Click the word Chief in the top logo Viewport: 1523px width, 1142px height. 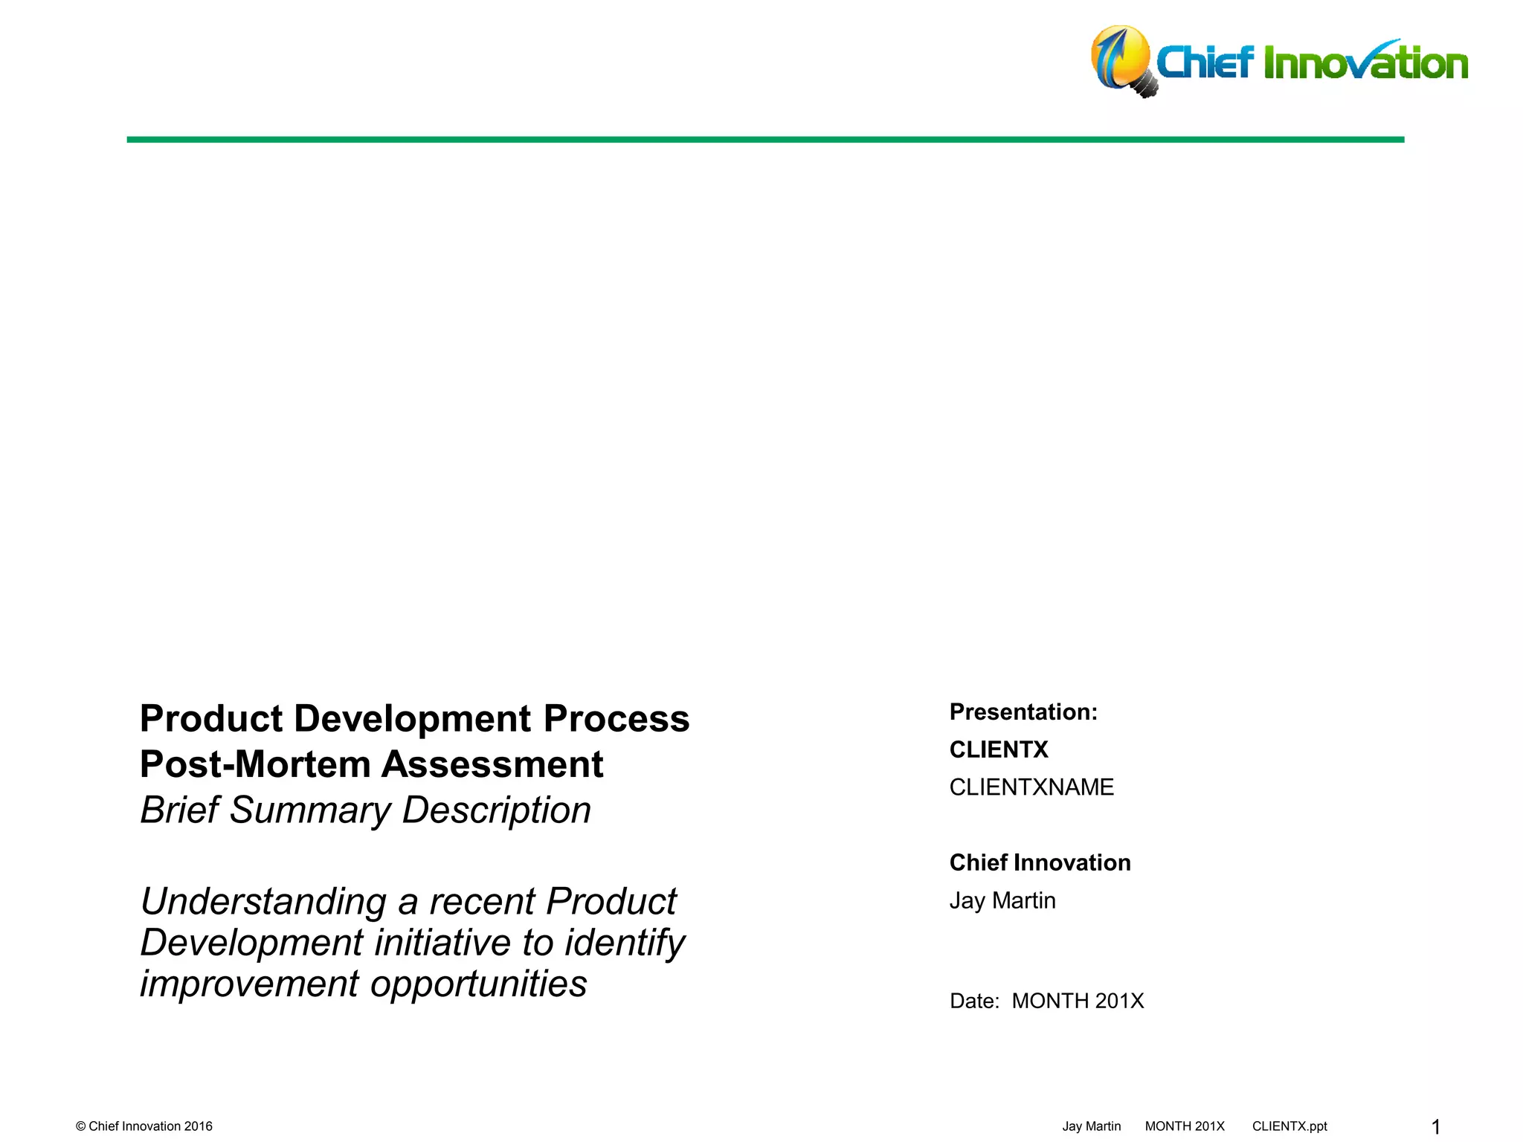(x=1205, y=62)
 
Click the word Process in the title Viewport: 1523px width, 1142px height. (x=616, y=719)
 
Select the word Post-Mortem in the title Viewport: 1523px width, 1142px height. (x=255, y=764)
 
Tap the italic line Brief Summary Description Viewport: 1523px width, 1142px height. (x=365, y=810)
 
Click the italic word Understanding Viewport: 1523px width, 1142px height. (x=263, y=902)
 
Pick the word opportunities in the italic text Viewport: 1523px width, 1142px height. (x=478, y=984)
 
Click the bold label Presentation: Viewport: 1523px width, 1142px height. (x=1023, y=712)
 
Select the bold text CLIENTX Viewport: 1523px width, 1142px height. (x=998, y=749)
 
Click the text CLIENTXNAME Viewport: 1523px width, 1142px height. (x=1031, y=787)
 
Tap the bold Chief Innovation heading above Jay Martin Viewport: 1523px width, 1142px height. (x=1040, y=862)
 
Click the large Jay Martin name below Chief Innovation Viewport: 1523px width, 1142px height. (x=1002, y=900)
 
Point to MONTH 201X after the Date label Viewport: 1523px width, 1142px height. (x=1078, y=1001)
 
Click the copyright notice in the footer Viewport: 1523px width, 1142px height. (x=144, y=1126)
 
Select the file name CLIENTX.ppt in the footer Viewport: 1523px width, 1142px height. (x=1289, y=1126)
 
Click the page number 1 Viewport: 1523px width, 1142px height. (x=1436, y=1127)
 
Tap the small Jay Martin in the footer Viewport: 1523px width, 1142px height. (x=1091, y=1126)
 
